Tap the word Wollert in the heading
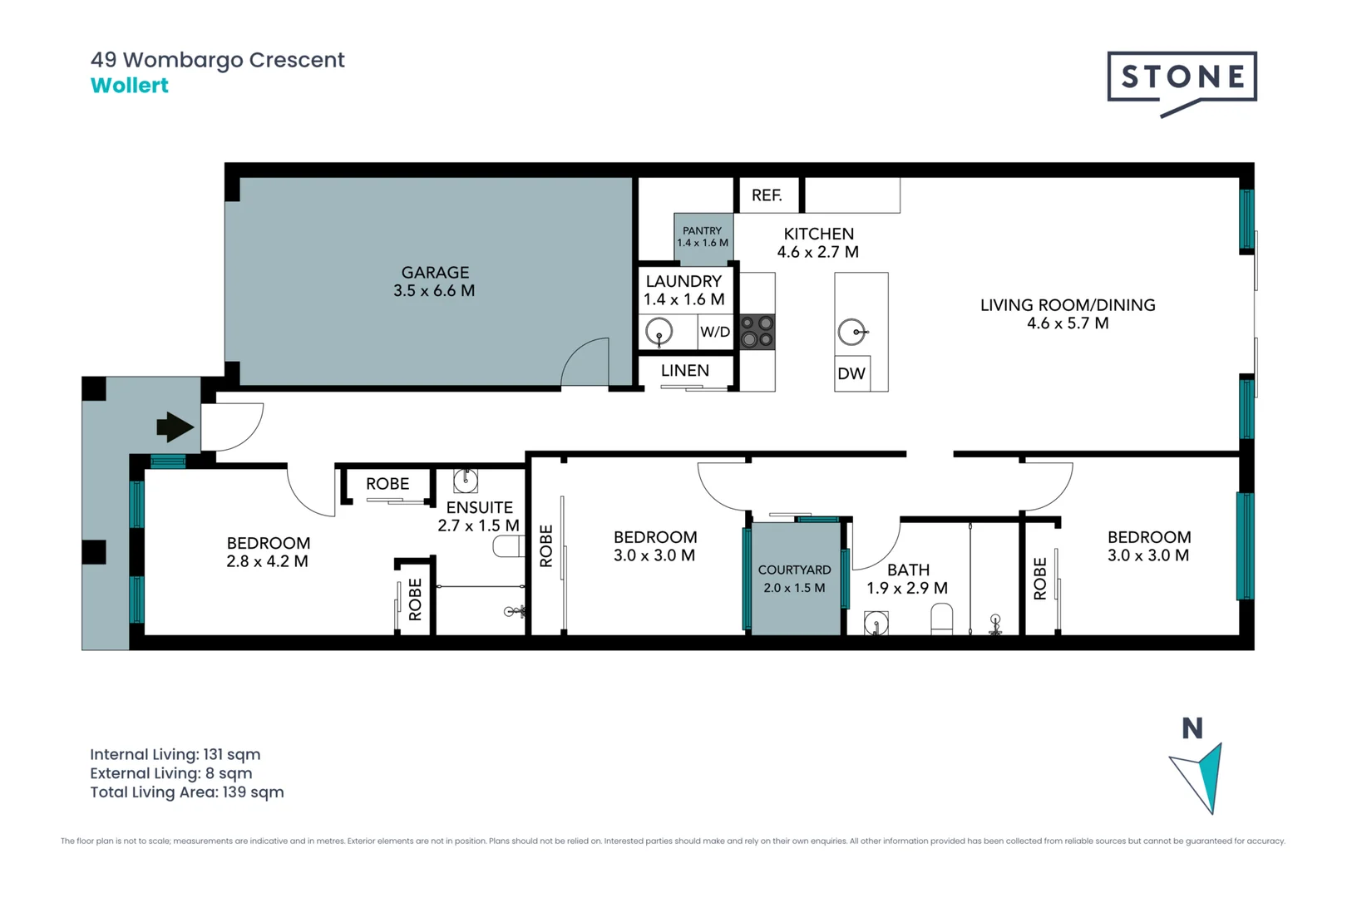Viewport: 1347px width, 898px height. coord(130,86)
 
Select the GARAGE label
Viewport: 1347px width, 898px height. coord(435,273)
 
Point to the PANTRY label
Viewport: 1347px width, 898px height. coord(703,231)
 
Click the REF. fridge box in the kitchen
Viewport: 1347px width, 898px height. coord(767,195)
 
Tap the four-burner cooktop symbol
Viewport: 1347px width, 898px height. coord(757,331)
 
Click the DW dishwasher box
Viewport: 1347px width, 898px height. coord(851,373)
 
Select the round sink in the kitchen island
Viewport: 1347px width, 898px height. coord(851,333)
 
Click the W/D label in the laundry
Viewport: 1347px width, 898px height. coord(715,332)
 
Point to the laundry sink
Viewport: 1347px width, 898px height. coord(659,332)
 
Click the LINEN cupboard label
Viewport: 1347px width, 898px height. coord(685,371)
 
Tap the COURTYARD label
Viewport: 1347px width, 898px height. coord(794,570)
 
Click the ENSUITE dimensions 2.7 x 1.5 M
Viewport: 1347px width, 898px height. coord(478,525)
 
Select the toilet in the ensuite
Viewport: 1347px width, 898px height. coord(507,546)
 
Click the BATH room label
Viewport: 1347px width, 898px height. coord(908,570)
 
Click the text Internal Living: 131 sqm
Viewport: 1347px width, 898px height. coord(175,754)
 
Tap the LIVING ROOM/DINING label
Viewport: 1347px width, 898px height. coord(1068,305)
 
